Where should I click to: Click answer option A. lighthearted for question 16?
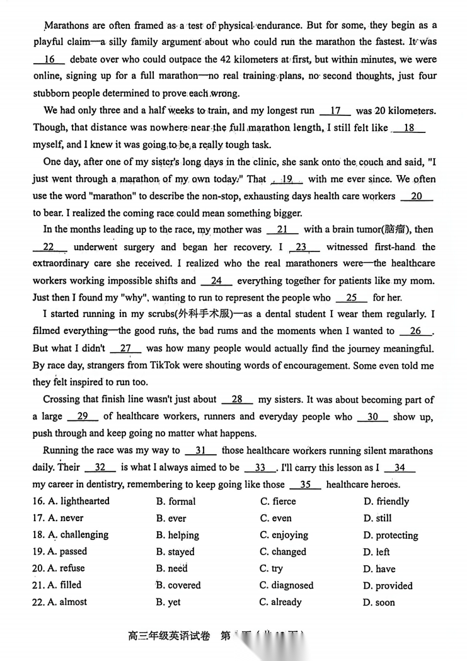point(78,502)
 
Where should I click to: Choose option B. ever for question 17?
point(171,519)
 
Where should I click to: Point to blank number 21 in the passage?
point(282,230)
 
